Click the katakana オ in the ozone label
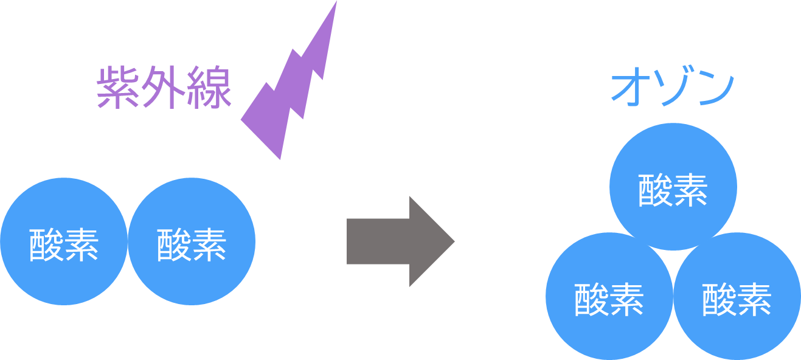click(630, 89)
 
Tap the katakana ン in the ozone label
click(715, 89)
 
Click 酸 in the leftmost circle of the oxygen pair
click(46, 244)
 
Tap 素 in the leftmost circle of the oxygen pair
click(81, 244)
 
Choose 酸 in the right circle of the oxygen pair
click(174, 244)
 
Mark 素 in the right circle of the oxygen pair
click(209, 244)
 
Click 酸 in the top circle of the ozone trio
click(656, 190)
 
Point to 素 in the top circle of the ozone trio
click(691, 190)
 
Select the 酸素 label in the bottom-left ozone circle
click(609, 299)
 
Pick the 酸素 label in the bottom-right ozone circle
click(737, 299)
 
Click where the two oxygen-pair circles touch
click(128, 241)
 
